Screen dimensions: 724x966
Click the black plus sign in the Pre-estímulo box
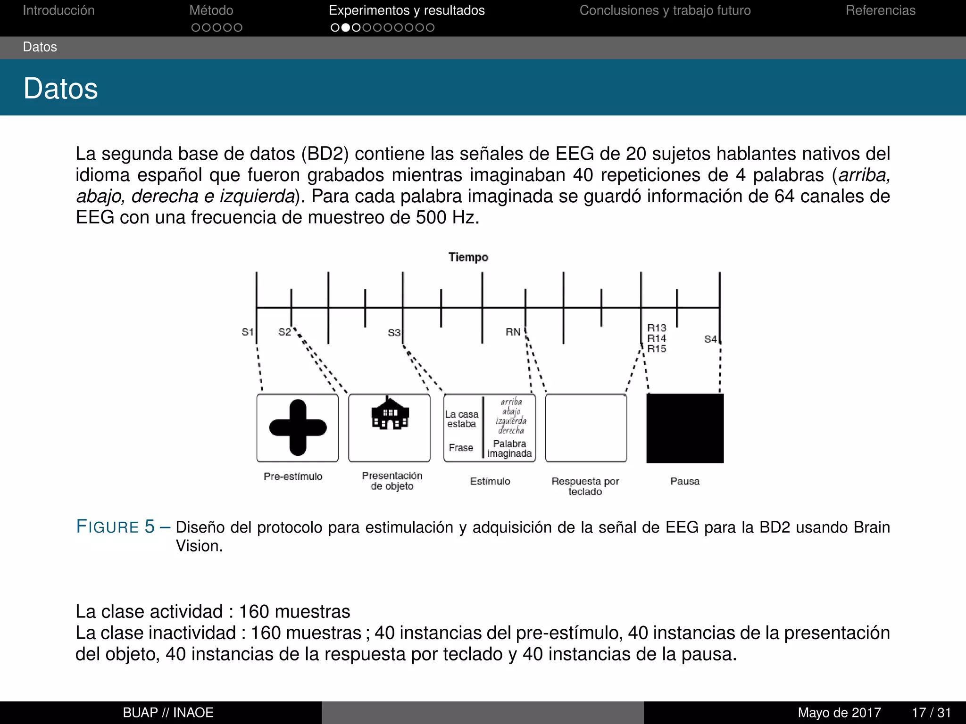(x=298, y=428)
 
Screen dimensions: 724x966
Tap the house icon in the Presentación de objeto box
(x=390, y=413)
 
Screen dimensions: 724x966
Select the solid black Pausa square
(x=685, y=428)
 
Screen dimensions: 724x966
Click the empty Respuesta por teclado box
(x=586, y=428)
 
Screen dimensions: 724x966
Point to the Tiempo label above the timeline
(x=468, y=257)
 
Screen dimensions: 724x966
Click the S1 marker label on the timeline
(x=248, y=332)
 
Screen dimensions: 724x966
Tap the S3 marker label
(x=394, y=333)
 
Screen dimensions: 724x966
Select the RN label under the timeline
(x=513, y=332)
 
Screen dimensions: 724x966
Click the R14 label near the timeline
(x=656, y=338)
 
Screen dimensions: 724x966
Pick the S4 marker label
(x=710, y=339)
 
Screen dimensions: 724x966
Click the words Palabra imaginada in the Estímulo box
(x=509, y=449)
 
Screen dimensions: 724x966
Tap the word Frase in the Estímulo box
(x=461, y=448)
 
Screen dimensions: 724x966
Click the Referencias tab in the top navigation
(x=880, y=10)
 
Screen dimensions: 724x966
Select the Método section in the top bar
(x=211, y=10)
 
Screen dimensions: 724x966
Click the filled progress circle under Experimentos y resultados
(x=346, y=28)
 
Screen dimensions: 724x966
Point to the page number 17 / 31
(x=931, y=713)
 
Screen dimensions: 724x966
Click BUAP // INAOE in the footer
(x=168, y=713)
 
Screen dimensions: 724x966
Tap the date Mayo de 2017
(x=839, y=713)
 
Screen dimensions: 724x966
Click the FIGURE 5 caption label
(x=116, y=527)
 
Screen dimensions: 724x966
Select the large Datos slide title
(x=61, y=89)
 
